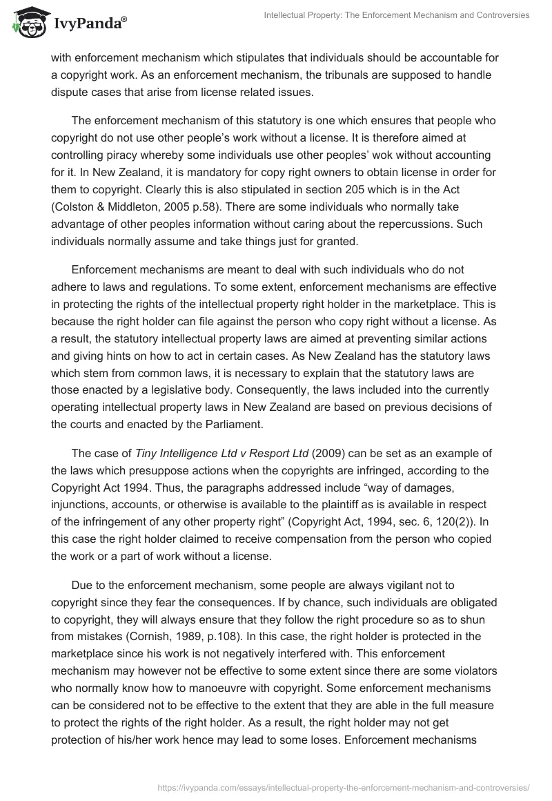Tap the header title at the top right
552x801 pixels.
pos(396,15)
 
